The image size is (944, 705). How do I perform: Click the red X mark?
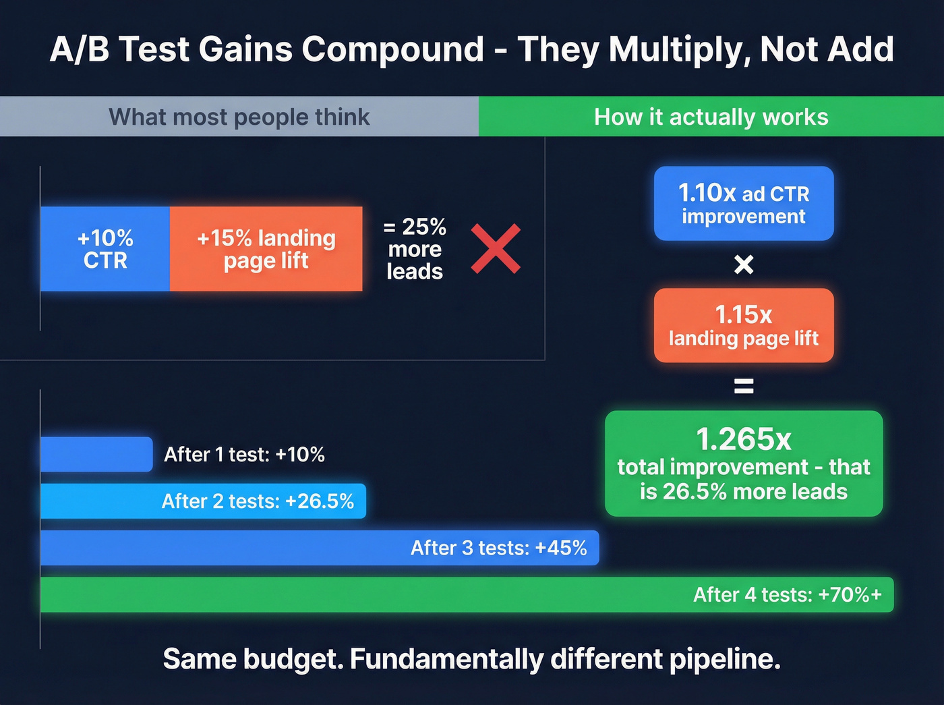(x=496, y=249)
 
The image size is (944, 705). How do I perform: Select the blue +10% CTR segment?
(x=105, y=249)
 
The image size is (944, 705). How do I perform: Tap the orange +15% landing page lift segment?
(x=266, y=249)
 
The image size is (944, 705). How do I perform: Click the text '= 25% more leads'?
(x=415, y=249)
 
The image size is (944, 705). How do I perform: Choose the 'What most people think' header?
(x=239, y=117)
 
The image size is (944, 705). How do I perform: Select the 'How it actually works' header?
(x=711, y=117)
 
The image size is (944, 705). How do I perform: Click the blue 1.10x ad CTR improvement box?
(x=744, y=204)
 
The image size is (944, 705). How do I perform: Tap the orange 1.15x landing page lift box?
(x=744, y=326)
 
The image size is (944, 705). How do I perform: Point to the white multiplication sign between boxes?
(x=744, y=264)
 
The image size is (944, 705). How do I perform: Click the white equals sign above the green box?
(x=744, y=387)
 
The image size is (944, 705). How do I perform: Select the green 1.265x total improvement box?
(x=744, y=464)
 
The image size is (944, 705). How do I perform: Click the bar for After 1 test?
(x=96, y=454)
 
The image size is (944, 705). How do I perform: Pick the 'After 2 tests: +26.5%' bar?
(x=203, y=501)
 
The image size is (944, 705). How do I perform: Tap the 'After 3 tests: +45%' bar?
(x=320, y=548)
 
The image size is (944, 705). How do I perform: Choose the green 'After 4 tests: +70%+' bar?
(x=467, y=594)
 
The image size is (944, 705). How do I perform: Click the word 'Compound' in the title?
(x=392, y=49)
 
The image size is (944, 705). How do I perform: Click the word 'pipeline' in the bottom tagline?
(x=724, y=659)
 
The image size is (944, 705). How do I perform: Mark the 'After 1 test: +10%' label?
(x=244, y=455)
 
